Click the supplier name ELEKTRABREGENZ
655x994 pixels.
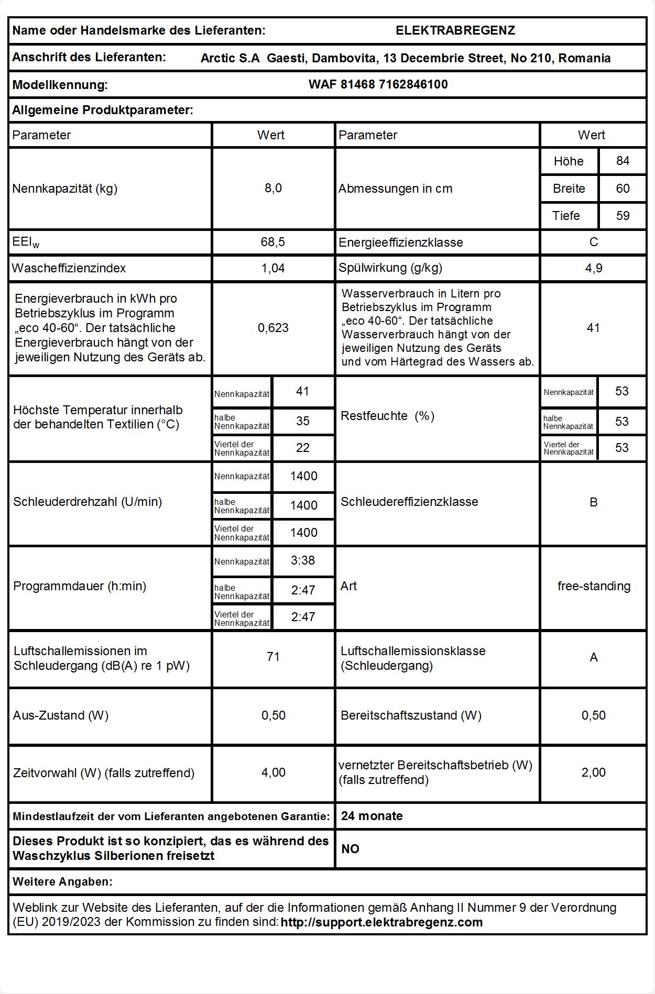pos(455,30)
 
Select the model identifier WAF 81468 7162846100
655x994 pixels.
pos(378,84)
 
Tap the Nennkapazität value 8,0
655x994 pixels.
pos(273,188)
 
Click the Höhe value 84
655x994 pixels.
pos(623,161)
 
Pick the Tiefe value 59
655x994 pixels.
pos(623,216)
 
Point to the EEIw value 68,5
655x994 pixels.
pos(273,242)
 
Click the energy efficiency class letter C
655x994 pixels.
pos(593,242)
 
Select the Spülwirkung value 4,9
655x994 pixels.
pos(593,268)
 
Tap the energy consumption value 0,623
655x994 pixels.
pos(273,328)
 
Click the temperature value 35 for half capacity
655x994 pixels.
pos(303,421)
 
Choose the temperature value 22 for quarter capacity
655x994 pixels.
pos(303,448)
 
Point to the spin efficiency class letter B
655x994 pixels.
pos(593,502)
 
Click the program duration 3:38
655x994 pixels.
pos(303,560)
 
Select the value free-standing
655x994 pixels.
pos(594,586)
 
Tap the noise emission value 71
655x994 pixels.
pos(273,657)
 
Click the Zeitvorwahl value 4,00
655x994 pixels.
pos(273,772)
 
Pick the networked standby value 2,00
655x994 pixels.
pos(593,772)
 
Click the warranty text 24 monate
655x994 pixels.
pos(372,816)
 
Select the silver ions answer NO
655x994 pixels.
pos(350,849)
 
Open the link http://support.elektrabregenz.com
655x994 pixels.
pos(381,922)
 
